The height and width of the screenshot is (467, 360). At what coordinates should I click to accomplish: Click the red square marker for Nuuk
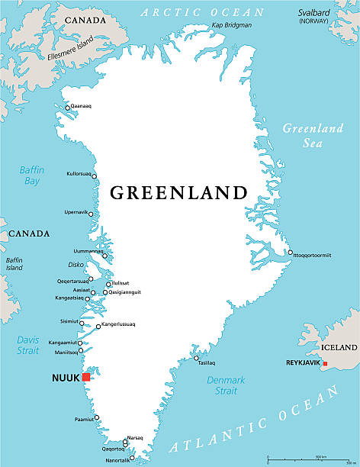[x=86, y=377]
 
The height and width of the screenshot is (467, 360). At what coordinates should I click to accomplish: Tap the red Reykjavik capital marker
[x=325, y=364]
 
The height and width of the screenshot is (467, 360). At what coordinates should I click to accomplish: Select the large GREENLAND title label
[x=179, y=192]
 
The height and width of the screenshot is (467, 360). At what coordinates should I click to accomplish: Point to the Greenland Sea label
[x=313, y=135]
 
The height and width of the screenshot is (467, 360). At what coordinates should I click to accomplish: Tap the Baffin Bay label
[x=31, y=175]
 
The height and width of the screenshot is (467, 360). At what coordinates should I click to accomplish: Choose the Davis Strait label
[x=28, y=345]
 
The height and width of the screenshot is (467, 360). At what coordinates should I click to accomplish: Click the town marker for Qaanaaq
[x=67, y=108]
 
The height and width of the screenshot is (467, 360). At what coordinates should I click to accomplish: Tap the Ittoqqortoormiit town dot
[x=290, y=253]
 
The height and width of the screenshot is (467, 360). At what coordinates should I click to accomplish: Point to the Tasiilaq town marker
[x=196, y=358]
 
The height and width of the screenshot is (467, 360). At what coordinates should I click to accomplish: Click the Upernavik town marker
[x=91, y=214]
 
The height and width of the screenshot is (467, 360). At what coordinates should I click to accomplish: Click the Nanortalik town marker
[x=131, y=458]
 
